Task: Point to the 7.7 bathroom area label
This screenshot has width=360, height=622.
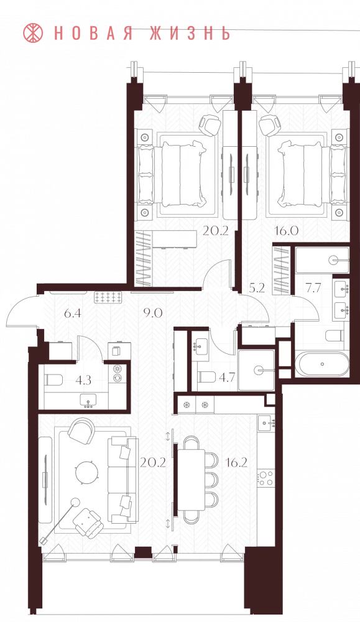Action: [313, 287]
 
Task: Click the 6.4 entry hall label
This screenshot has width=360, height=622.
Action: [73, 313]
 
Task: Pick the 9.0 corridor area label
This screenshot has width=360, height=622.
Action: [152, 313]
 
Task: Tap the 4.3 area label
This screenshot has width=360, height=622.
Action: [83, 381]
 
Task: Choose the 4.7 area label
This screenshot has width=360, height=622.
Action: [227, 376]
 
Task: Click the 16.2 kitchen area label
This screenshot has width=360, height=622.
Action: [236, 462]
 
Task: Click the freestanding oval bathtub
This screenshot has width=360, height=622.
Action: [323, 364]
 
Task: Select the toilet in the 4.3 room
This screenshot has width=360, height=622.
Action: [53, 380]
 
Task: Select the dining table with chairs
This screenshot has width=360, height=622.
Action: [198, 480]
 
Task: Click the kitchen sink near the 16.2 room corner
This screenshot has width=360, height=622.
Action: [266, 424]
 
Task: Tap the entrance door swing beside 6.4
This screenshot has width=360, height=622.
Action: [24, 310]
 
